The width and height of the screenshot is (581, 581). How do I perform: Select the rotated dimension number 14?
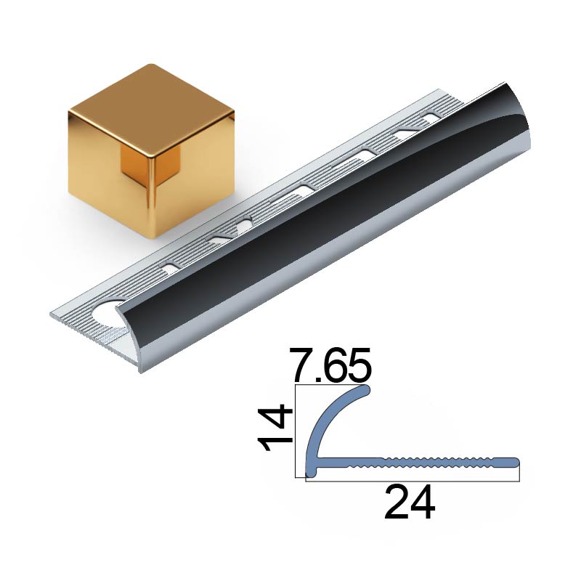[x=273, y=428]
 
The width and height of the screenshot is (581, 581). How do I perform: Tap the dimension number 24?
[x=410, y=503]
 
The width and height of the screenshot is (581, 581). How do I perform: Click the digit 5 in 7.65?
[x=359, y=365]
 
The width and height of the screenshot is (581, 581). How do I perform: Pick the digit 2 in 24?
[x=397, y=503]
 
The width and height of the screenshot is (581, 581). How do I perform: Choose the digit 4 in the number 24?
[x=423, y=503]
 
